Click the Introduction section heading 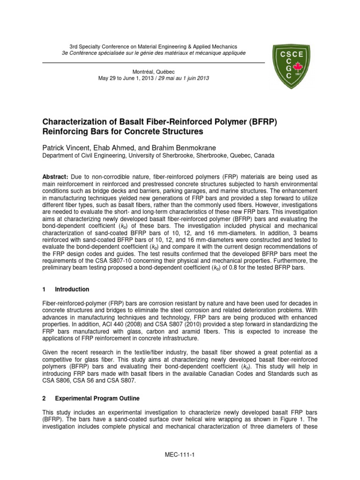coord(72,289)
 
